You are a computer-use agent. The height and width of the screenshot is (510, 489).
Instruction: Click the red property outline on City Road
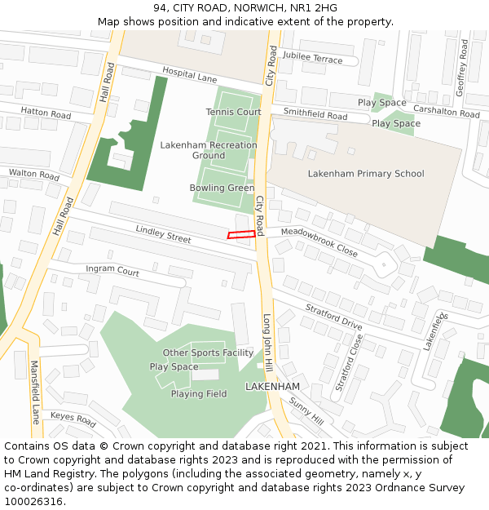pos(240,235)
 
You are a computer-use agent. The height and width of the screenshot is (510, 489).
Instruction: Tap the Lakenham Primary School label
pos(366,173)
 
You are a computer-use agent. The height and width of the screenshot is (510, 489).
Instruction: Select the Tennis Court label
pos(233,112)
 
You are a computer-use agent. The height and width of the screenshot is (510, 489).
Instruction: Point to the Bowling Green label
pos(222,188)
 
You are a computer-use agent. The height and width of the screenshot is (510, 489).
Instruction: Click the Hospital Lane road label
pos(189,76)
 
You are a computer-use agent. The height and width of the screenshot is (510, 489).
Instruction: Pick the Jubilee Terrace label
pos(313,60)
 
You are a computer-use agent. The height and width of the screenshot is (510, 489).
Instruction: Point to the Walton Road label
pos(34,175)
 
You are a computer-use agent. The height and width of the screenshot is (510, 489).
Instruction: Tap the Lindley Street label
pos(164,234)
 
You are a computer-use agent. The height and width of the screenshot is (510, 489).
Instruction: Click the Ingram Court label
pos(112,269)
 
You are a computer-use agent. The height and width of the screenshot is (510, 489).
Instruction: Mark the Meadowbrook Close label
pos(319,242)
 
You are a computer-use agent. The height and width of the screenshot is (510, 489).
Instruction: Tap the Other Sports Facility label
pos(208,353)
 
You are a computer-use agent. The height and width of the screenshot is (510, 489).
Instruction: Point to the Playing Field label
pos(198,394)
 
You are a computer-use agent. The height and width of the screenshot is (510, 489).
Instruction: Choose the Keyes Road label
pos(73,419)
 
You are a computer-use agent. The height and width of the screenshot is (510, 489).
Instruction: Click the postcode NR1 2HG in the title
pos(315,8)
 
